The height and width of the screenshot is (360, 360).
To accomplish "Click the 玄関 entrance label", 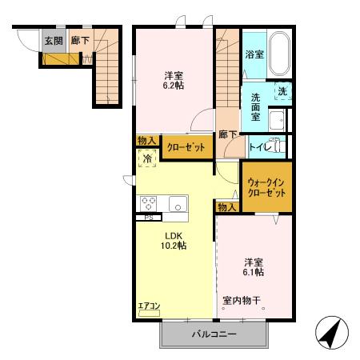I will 52,40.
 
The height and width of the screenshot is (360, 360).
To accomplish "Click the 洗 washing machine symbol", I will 282,92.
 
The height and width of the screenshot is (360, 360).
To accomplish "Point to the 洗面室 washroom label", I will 254,109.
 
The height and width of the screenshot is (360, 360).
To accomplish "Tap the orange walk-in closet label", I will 267,188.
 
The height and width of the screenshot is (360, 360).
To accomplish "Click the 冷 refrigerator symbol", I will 147,159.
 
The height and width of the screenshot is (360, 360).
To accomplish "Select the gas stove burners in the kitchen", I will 150,202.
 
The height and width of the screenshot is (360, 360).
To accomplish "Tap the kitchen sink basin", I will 176,202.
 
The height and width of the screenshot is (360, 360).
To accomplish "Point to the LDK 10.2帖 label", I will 175,241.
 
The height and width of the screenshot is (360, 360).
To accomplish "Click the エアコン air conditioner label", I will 149,306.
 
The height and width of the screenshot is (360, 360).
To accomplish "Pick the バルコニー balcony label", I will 214,334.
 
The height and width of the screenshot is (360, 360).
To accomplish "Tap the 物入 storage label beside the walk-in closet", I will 227,206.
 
